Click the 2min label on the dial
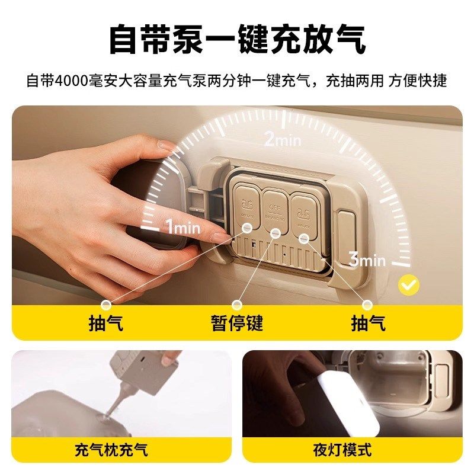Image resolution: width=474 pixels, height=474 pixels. [283, 140]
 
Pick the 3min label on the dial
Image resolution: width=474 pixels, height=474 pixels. [367, 260]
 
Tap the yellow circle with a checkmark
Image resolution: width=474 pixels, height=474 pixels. [408, 285]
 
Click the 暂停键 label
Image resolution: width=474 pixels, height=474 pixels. [237, 323]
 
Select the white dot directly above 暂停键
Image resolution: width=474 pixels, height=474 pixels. [237, 305]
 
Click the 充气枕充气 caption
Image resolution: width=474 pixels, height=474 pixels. [111, 450]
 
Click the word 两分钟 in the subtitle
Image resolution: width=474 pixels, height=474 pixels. [222, 80]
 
